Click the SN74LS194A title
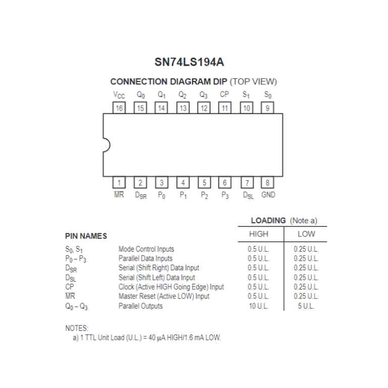click(x=189, y=63)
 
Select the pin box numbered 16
click(x=119, y=108)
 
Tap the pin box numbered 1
click(x=119, y=182)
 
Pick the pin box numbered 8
click(x=267, y=182)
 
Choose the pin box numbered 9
click(x=267, y=108)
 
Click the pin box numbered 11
click(x=225, y=108)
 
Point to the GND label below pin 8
click(x=268, y=195)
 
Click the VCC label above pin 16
click(x=119, y=95)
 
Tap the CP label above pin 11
click(x=224, y=94)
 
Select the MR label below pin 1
click(x=119, y=195)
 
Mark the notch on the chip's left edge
click(x=106, y=145)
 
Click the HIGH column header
click(x=259, y=234)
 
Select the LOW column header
click(x=306, y=234)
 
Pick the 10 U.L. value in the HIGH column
click(x=259, y=306)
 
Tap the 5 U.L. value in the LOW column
click(x=306, y=306)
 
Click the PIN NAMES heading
click(x=86, y=236)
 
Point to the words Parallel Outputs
click(x=140, y=306)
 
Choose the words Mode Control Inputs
click(x=146, y=249)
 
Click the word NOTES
click(x=77, y=328)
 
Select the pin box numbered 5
click(x=204, y=182)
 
